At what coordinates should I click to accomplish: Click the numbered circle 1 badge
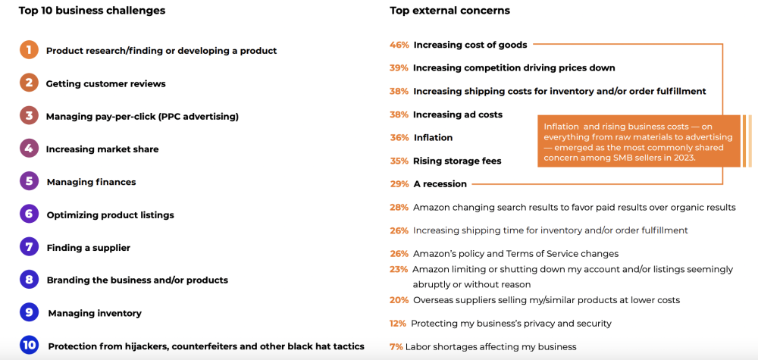[x=29, y=50]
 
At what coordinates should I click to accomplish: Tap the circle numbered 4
[x=29, y=149]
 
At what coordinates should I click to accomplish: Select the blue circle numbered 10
[x=29, y=346]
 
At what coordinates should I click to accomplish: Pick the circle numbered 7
[x=29, y=247]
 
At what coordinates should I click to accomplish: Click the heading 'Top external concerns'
[x=449, y=11]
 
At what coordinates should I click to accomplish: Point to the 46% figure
[x=399, y=45]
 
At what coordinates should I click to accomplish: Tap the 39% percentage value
[x=399, y=68]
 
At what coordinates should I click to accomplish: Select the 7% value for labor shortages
[x=396, y=347]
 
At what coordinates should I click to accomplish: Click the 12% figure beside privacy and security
[x=398, y=324]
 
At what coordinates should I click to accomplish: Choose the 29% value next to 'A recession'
[x=399, y=184]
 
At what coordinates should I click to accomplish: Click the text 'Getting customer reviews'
[x=105, y=83]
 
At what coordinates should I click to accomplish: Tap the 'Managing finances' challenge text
[x=91, y=182]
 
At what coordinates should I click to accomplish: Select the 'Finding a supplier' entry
[x=88, y=248]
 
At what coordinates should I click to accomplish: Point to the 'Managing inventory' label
[x=95, y=313]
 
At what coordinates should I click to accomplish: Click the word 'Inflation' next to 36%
[x=433, y=138]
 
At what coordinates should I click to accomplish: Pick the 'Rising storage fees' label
[x=457, y=161]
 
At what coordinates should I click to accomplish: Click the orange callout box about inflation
[x=638, y=141]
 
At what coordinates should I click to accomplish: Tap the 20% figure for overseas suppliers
[x=399, y=300]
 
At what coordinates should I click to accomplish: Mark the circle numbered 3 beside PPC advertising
[x=29, y=116]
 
